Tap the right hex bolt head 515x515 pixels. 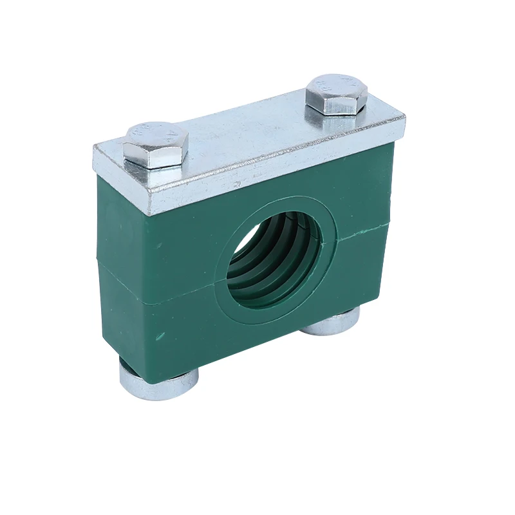(x=335, y=93)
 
